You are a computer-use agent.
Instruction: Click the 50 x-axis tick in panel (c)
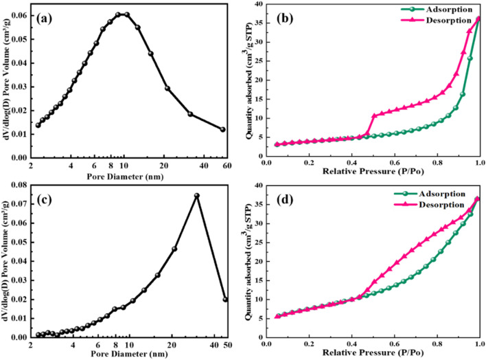[226, 345]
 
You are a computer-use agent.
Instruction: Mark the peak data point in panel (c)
[196, 195]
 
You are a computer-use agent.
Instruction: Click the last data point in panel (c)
[226, 300]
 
